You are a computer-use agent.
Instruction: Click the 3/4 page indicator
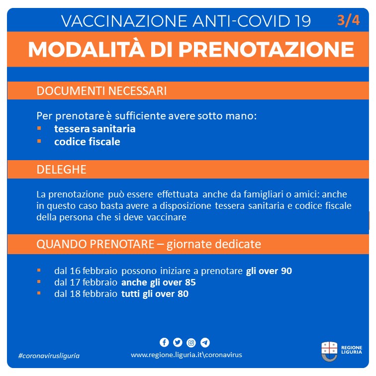click(x=348, y=21)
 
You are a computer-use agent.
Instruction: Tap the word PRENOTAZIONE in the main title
click(x=266, y=49)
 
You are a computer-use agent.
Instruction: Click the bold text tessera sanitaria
click(x=95, y=129)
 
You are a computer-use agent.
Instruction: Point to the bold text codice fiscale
click(x=87, y=142)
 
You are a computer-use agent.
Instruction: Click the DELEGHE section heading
click(x=61, y=169)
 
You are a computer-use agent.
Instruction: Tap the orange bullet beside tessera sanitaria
click(x=39, y=128)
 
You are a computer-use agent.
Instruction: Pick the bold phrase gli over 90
click(x=269, y=271)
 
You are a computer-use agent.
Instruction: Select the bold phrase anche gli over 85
click(x=158, y=282)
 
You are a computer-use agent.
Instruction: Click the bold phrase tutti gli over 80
click(x=155, y=294)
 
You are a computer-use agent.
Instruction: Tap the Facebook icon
click(x=164, y=342)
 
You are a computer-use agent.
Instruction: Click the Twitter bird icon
click(x=178, y=342)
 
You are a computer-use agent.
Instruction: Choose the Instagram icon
click(x=191, y=342)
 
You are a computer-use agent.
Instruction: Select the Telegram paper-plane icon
click(x=205, y=342)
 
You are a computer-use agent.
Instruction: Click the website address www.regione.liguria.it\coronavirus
click(x=187, y=355)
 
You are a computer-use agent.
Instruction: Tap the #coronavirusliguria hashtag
click(x=48, y=356)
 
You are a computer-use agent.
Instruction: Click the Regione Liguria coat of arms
click(x=329, y=351)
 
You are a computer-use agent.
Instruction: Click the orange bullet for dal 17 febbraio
click(x=39, y=282)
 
